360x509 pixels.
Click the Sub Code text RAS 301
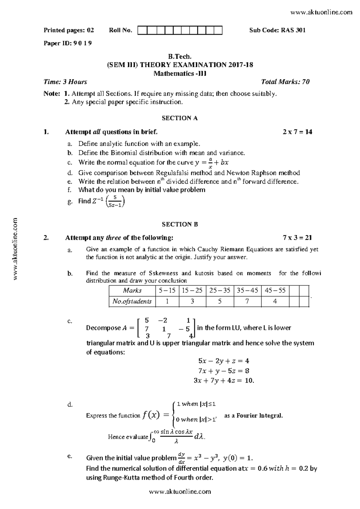click(x=293, y=30)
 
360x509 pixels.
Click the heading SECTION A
click(x=180, y=118)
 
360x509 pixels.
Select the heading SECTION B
click(x=180, y=224)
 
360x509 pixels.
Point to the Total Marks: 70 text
click(x=285, y=82)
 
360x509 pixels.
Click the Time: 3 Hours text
click(x=65, y=82)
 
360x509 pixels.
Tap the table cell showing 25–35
click(x=220, y=290)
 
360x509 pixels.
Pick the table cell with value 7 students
click(x=247, y=301)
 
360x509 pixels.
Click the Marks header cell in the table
click(x=132, y=290)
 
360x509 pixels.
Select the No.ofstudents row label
click(x=132, y=301)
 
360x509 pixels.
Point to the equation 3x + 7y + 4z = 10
click(x=224, y=381)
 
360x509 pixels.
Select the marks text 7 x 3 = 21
click(x=297, y=238)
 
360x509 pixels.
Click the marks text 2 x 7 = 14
click(x=297, y=132)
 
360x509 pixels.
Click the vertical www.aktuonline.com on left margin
click(x=16, y=249)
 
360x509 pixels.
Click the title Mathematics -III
click(x=180, y=73)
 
